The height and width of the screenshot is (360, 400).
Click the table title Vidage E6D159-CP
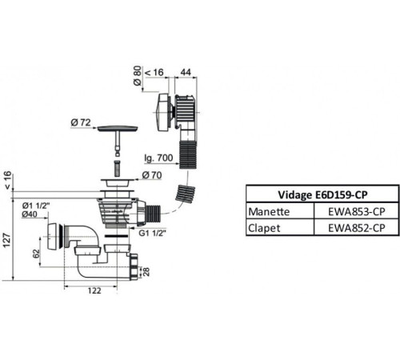coord(322,194)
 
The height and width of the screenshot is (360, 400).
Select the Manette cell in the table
coord(269,212)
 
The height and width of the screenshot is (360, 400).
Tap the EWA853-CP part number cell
coord(357,212)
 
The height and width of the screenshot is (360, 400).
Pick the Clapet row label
coord(264,228)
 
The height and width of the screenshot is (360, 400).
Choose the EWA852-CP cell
coord(357,228)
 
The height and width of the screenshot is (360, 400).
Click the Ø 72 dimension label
coord(81,122)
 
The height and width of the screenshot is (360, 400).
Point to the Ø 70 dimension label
coord(152,175)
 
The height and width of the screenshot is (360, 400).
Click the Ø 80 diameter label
coord(137,76)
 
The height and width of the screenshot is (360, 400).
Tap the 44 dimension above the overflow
coord(186,72)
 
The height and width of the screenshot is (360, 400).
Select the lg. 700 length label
coord(158,158)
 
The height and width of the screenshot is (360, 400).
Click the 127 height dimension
coord(6,240)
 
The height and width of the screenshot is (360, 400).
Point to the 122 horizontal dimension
coord(94,290)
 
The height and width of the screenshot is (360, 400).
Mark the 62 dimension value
coord(36,254)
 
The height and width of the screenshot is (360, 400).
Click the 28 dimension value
coord(146,272)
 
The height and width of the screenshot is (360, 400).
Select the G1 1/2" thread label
coord(152,233)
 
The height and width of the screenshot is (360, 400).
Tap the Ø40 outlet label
coord(30,214)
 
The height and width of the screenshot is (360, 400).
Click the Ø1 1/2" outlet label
coord(36,206)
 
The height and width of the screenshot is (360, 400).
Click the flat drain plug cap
coord(118,129)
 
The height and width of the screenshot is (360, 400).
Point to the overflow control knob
coord(162,112)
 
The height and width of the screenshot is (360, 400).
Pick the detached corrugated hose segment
coord(185,194)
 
